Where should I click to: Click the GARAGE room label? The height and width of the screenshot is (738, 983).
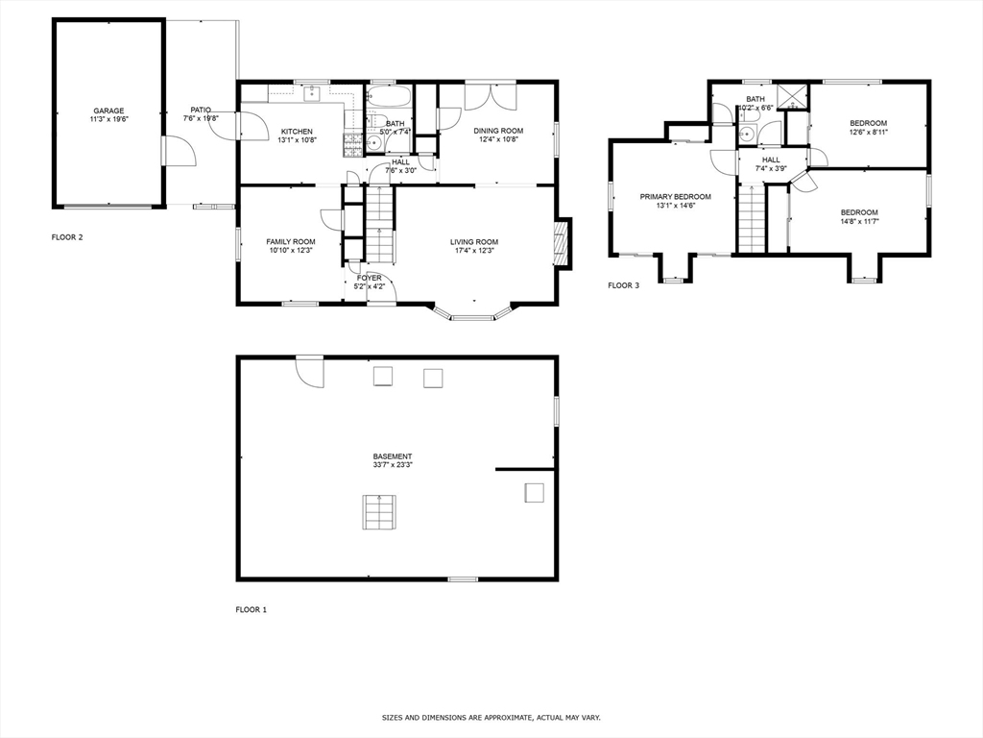pyautogui.click(x=108, y=111)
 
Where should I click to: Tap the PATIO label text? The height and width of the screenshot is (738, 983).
pyautogui.click(x=200, y=110)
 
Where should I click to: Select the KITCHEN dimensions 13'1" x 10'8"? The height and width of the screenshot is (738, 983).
pyautogui.click(x=297, y=140)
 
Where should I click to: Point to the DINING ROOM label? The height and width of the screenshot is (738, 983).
pyautogui.click(x=497, y=131)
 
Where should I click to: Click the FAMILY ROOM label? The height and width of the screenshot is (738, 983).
pyautogui.click(x=290, y=241)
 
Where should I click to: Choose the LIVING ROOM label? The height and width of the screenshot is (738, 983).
pyautogui.click(x=474, y=241)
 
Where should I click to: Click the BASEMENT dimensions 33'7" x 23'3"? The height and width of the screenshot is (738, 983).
pyautogui.click(x=393, y=465)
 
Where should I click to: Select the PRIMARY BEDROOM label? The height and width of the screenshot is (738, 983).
pyautogui.click(x=675, y=196)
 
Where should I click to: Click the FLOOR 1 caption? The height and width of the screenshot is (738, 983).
pyautogui.click(x=252, y=609)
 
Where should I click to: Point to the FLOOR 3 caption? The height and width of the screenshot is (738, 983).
pyautogui.click(x=624, y=285)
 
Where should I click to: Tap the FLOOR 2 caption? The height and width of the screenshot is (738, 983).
pyautogui.click(x=67, y=236)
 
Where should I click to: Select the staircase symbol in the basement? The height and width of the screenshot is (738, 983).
pyautogui.click(x=379, y=511)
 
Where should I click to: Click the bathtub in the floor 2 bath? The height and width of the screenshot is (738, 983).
pyautogui.click(x=389, y=97)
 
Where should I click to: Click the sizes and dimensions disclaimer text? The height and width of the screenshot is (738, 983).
pyautogui.click(x=491, y=718)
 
